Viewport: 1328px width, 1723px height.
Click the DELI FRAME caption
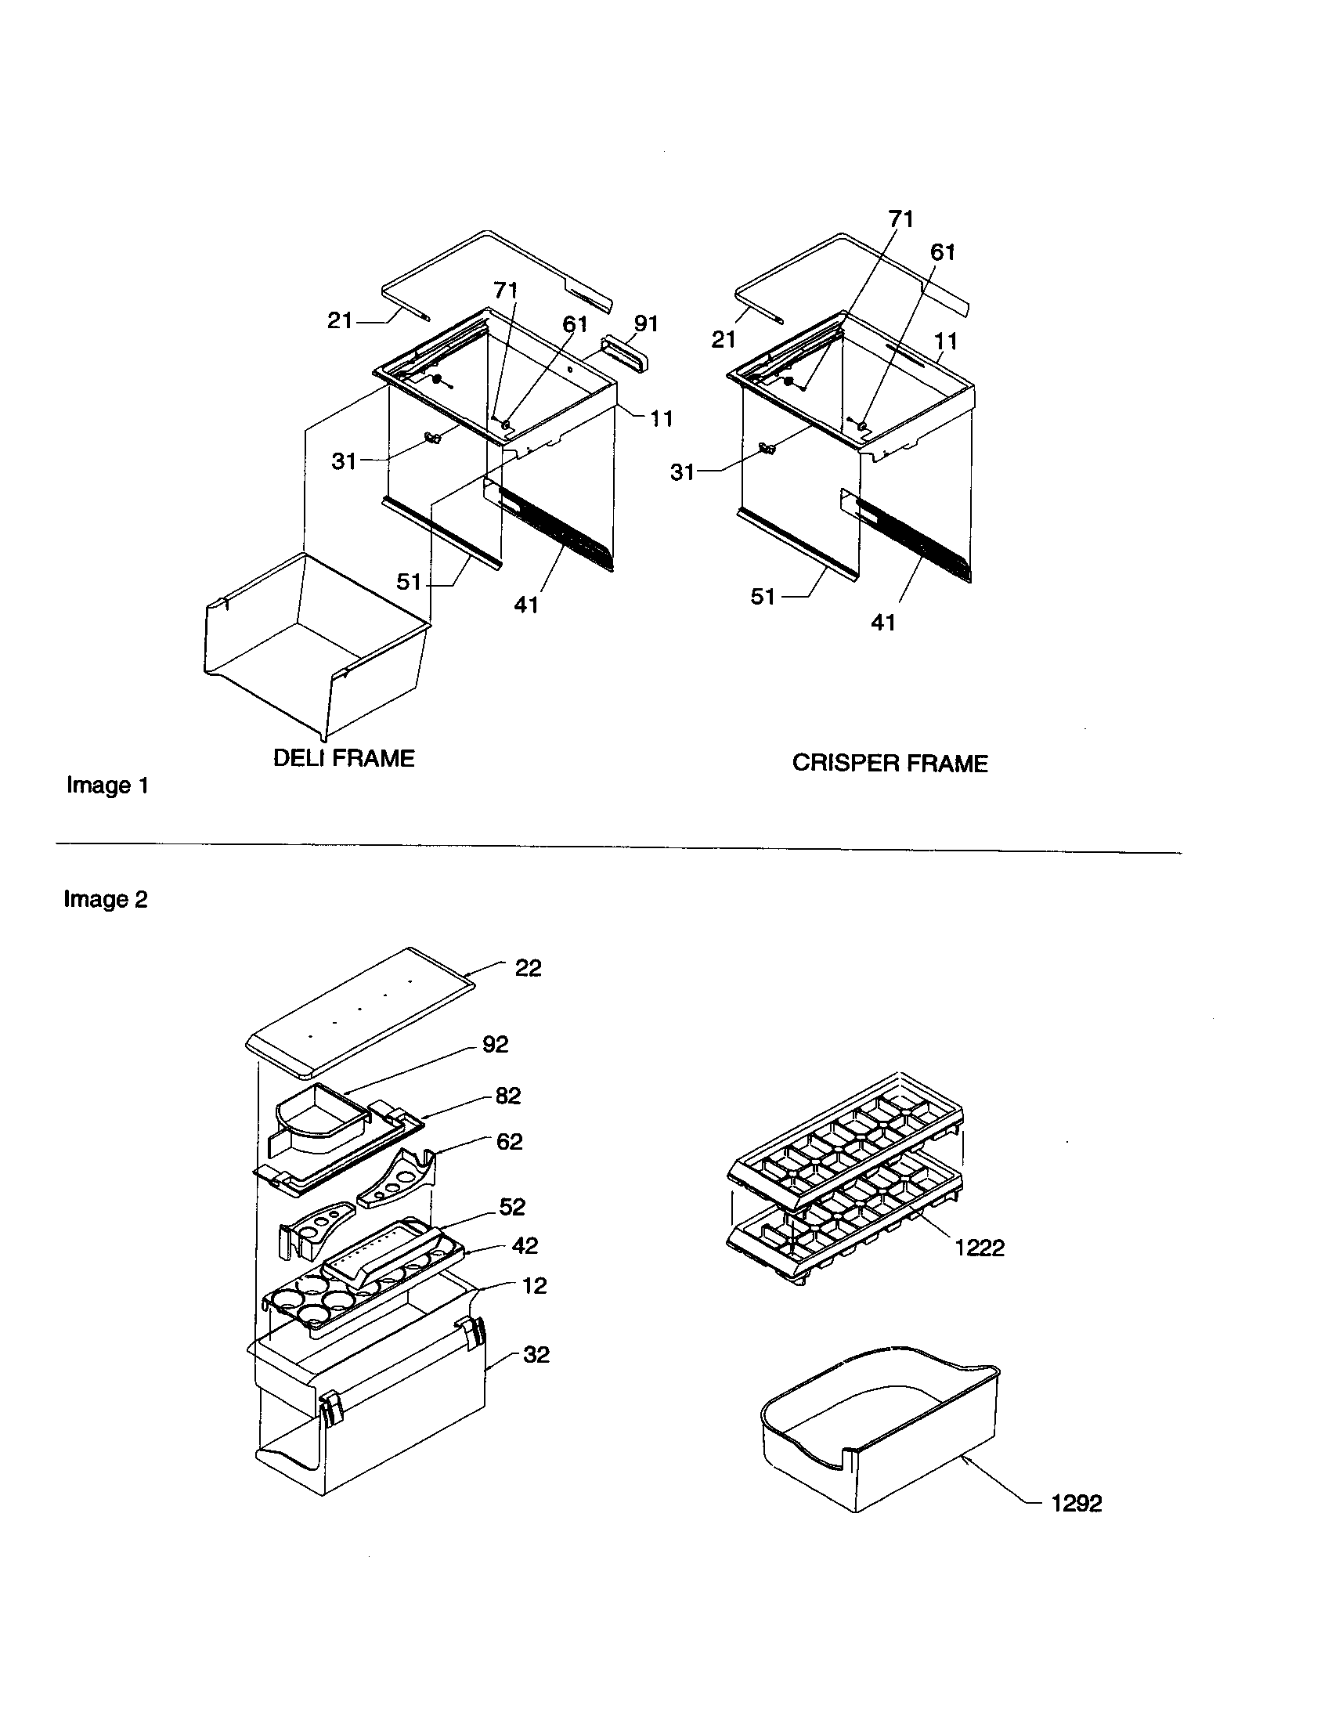(343, 758)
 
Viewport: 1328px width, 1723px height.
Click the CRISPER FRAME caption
(889, 763)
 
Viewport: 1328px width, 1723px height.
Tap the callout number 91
(646, 323)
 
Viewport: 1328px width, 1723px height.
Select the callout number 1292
(1076, 1503)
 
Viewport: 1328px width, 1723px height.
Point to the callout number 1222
(979, 1248)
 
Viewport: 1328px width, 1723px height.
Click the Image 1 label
(107, 785)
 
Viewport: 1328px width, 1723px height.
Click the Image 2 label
(106, 899)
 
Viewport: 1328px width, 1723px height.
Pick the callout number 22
(528, 968)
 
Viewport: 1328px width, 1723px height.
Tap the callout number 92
(495, 1044)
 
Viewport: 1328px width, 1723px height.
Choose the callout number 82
(508, 1096)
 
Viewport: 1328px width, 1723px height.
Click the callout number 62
(509, 1142)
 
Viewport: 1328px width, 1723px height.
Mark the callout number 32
(536, 1355)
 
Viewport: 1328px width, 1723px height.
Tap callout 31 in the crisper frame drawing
(682, 471)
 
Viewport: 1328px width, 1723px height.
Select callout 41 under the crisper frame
(882, 623)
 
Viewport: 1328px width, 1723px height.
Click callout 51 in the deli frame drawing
(409, 582)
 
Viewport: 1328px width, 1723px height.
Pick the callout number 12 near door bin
(534, 1286)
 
